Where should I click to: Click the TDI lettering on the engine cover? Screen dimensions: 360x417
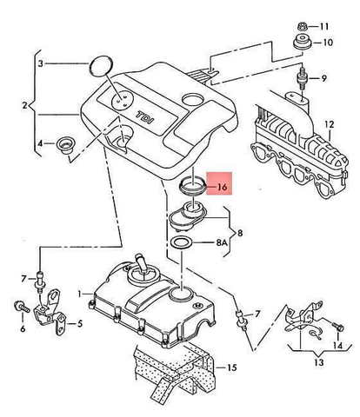coord(145,116)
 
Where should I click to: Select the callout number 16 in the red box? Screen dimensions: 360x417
coord(222,187)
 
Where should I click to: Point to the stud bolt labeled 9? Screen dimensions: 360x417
coord(302,79)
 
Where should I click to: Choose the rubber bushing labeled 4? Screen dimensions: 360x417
coord(65,144)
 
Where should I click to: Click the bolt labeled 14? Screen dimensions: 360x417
coord(338,327)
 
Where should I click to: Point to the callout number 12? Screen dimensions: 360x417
coord(329,124)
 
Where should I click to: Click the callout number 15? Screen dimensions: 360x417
coord(231,367)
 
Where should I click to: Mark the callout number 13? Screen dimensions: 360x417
coord(318,362)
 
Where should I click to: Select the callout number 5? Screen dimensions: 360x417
coord(80,324)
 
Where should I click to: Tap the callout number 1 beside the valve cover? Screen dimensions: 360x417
coord(79,295)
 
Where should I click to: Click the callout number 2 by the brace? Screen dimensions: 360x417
coord(24,105)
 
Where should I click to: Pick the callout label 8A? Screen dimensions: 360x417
coord(222,242)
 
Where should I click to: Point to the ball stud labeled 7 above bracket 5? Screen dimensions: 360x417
coord(40,280)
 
